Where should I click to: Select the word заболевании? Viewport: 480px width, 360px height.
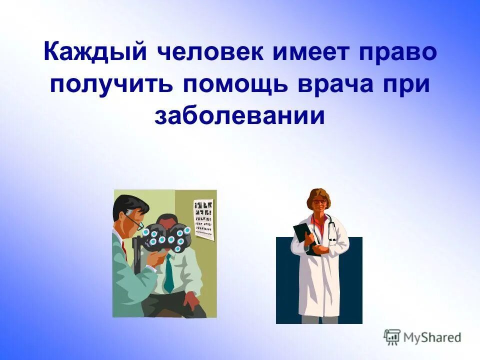point(240,115)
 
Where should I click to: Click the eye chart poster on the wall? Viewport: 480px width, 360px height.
point(203,220)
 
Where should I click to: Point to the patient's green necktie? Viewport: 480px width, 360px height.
point(169,273)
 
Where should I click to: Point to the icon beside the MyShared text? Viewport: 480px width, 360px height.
point(392,337)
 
